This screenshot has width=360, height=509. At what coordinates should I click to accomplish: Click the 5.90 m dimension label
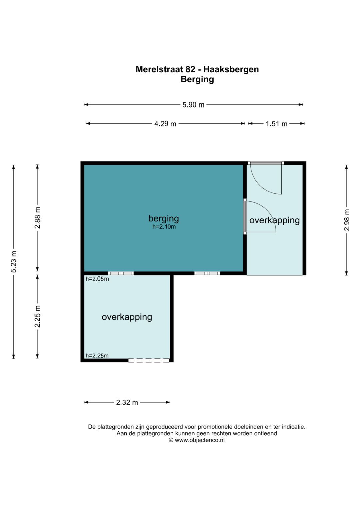(193, 105)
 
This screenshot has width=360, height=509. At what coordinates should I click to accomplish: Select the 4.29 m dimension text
(165, 124)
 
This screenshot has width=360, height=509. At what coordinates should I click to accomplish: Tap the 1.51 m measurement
(277, 124)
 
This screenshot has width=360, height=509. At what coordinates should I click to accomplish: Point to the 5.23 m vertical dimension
(14, 262)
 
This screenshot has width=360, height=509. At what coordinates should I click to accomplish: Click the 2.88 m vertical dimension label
(37, 218)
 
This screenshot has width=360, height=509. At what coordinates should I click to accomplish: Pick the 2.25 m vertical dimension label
(37, 316)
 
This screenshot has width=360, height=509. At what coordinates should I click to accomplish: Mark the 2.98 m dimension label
(347, 220)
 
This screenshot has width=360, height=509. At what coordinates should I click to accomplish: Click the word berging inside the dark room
(164, 219)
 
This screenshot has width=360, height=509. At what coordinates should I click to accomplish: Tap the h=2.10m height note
(164, 227)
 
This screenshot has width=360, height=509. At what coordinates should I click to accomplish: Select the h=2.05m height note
(97, 279)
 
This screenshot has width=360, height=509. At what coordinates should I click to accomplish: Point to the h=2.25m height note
(97, 356)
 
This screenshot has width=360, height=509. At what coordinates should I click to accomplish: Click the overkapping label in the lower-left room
(127, 317)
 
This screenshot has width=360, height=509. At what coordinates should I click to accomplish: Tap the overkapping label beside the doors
(275, 221)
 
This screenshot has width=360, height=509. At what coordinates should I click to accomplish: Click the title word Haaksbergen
(231, 70)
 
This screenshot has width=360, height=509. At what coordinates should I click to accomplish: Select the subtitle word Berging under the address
(197, 80)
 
